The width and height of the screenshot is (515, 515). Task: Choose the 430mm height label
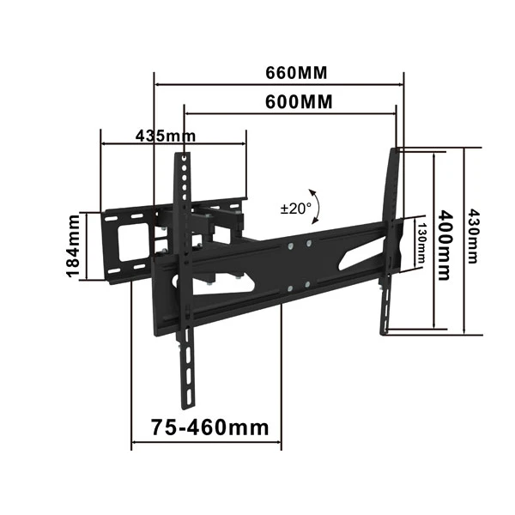[x=473, y=239]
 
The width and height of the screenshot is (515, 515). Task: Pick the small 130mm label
[x=421, y=243]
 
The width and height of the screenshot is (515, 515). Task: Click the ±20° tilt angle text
[x=294, y=208]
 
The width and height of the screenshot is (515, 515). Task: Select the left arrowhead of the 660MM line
[x=158, y=84]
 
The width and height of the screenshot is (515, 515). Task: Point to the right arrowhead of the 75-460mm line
[x=279, y=445]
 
